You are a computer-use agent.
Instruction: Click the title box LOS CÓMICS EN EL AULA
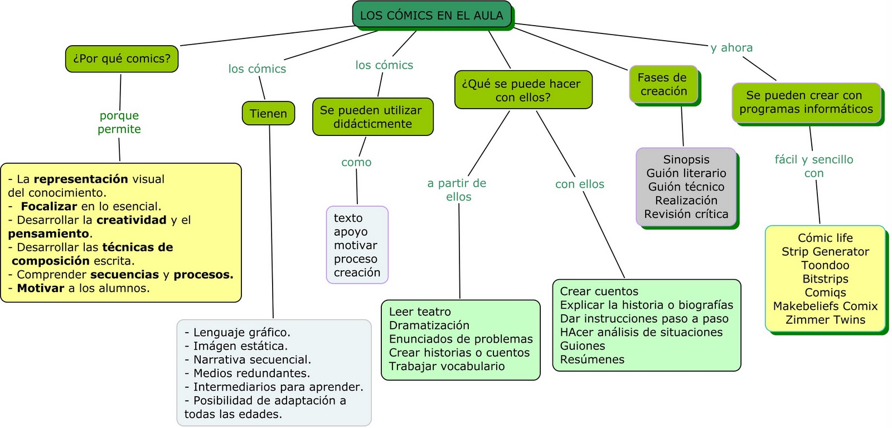coord(432,15)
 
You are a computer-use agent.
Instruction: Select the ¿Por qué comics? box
coord(122,59)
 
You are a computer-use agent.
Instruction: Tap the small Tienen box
coord(268,113)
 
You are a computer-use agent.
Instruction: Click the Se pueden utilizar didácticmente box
coord(372,117)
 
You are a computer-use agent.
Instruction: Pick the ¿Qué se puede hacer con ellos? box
coord(522,90)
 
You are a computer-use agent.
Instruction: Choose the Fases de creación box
coord(663,84)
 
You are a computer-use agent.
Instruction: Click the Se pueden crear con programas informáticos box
coord(806,102)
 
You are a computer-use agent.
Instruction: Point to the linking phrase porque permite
coord(119,122)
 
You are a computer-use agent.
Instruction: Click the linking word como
coord(356,162)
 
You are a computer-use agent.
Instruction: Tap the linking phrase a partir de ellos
coord(458,189)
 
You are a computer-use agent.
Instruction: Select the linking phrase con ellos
coord(579,184)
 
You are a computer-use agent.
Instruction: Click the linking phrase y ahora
coord(731,48)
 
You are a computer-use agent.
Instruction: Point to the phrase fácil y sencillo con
coord(813,166)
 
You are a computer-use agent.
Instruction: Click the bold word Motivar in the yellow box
coord(41,288)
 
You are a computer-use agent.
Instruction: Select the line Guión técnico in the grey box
coord(686,187)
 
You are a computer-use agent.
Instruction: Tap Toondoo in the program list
coord(825,265)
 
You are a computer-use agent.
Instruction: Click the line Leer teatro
coord(420,312)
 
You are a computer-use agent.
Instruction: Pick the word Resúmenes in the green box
coord(592,359)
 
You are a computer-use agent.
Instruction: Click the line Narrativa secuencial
coord(252,359)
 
